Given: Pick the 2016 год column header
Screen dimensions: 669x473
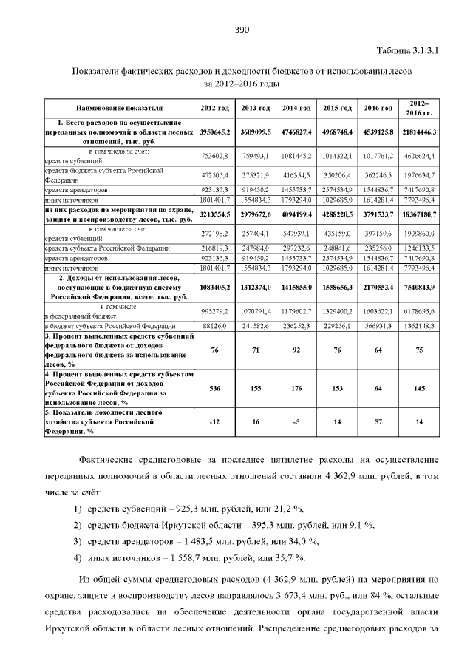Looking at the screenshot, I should point(378,109).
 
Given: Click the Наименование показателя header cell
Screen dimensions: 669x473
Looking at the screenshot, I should point(119,109).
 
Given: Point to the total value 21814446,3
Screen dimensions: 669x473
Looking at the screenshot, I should point(419,132).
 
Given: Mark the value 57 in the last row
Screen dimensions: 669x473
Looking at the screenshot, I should point(378,422).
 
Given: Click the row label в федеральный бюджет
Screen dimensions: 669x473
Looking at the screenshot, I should point(73,314).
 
